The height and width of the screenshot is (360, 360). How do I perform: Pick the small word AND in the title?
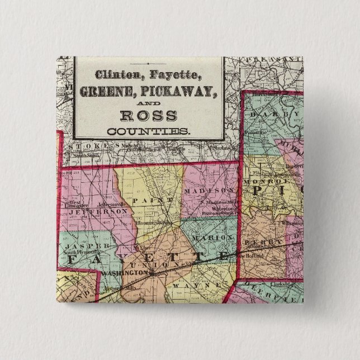(x=149, y=103)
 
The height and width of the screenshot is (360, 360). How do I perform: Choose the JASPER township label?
(x=82, y=246)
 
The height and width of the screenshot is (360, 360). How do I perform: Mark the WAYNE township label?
(x=190, y=285)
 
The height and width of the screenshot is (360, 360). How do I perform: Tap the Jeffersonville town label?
(x=105, y=205)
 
